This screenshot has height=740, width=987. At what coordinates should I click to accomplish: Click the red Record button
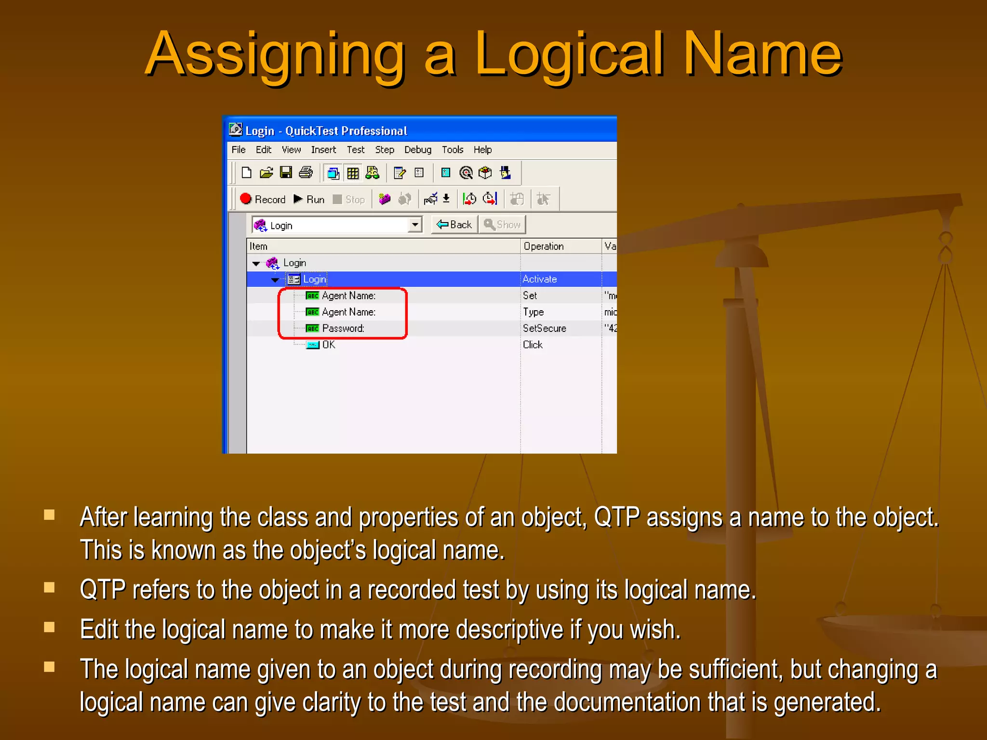coord(263,199)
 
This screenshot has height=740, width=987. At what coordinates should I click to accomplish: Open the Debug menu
coord(417,150)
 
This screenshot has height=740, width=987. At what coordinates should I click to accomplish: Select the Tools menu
coord(452,150)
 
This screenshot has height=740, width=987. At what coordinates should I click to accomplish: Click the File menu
coord(238,150)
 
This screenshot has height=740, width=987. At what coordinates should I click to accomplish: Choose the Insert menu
coord(323,150)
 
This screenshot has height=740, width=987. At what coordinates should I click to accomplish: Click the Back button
coord(454,225)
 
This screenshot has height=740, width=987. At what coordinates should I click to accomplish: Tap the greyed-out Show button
coord(502,225)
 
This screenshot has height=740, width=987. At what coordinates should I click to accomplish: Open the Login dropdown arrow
coord(414,225)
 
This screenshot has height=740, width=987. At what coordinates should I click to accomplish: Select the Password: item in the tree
coord(343,329)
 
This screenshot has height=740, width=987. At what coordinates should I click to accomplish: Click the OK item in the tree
coord(328,345)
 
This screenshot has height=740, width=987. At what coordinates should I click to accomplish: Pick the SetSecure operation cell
coord(544,329)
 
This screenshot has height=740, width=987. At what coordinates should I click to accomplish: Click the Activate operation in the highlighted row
coord(539,279)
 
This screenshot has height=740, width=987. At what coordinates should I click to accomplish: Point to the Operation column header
coord(543,246)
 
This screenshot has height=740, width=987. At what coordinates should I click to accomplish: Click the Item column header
coord(258,246)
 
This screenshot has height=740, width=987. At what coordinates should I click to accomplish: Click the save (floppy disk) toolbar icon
coord(286,172)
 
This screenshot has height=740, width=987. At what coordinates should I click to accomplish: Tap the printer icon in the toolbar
coord(306,172)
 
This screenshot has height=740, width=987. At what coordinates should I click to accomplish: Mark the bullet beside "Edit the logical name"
coord(49,627)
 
